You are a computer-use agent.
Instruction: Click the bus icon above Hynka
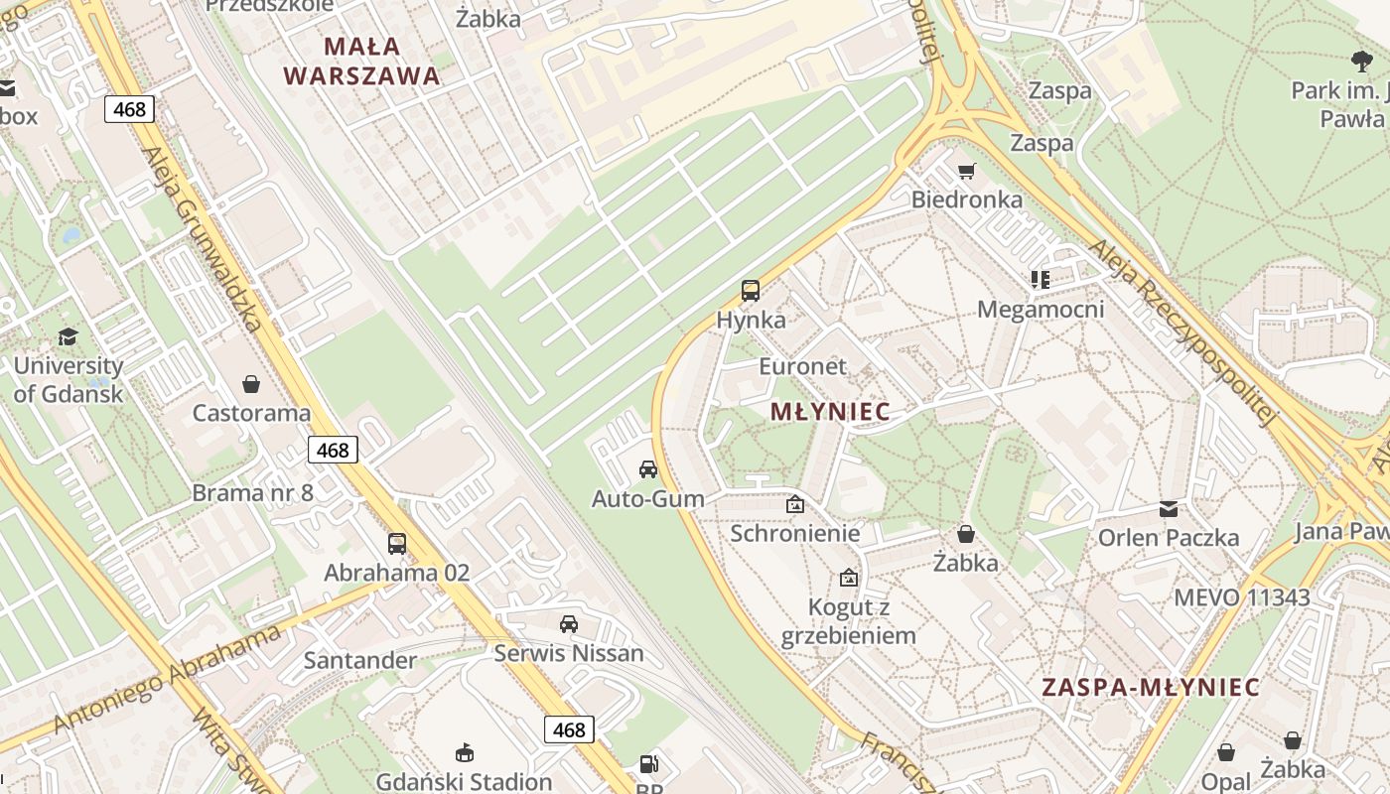[x=751, y=291]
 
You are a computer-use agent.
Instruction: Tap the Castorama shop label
[x=251, y=413]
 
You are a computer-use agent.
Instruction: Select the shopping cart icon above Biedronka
[x=966, y=171]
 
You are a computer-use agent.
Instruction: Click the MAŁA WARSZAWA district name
[x=361, y=61]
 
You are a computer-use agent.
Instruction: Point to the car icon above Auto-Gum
[x=648, y=469]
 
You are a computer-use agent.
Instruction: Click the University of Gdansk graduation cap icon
[x=68, y=337]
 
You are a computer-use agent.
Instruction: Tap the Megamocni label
[x=1041, y=310]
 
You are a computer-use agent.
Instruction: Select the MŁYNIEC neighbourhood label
[x=830, y=412]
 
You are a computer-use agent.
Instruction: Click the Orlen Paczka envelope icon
[x=1169, y=509]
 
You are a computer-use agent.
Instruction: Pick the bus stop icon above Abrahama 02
[x=397, y=544]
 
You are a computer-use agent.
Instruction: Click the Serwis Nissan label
[x=569, y=653]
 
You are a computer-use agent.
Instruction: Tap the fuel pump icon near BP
[x=648, y=764]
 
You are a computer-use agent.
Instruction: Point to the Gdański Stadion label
[x=464, y=781]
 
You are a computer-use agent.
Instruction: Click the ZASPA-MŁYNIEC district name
[x=1151, y=687]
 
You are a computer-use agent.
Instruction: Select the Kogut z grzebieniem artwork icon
[x=849, y=578]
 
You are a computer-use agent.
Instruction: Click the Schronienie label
[x=795, y=533]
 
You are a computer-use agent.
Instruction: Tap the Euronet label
[x=803, y=366]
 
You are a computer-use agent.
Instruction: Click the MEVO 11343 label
[x=1241, y=597]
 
